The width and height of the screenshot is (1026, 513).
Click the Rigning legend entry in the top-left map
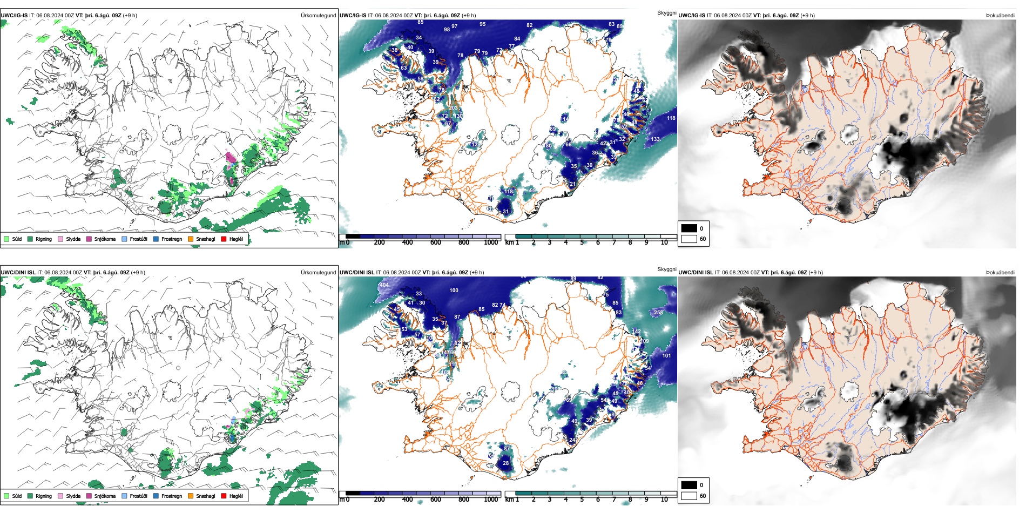coord(43,239)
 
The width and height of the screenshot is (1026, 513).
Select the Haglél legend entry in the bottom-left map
coord(235,496)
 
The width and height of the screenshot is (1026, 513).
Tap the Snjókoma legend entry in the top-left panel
coord(104,239)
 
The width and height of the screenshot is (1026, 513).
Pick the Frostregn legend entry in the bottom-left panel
coord(171,496)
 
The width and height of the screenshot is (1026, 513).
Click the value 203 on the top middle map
coord(453,108)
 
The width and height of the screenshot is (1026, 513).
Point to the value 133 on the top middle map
coord(655,139)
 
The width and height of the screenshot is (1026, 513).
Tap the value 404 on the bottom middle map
coord(384,285)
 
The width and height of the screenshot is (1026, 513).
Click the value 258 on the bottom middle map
coord(658,313)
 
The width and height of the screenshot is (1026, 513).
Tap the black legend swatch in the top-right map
coord(689,228)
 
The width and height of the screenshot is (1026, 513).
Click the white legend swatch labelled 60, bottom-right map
coord(689,496)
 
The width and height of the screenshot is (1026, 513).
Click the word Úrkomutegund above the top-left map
coord(318,16)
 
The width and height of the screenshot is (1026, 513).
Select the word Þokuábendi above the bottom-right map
coord(1000,273)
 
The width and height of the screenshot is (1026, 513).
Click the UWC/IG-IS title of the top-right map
coord(692,16)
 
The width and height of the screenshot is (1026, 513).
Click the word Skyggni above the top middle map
coord(666,12)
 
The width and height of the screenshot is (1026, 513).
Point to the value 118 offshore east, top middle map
coord(671,118)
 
